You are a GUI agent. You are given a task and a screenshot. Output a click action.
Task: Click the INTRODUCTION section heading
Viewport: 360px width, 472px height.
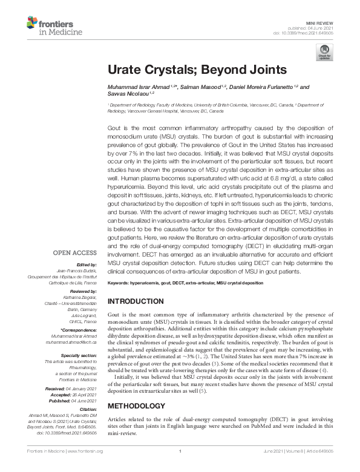click(137, 301)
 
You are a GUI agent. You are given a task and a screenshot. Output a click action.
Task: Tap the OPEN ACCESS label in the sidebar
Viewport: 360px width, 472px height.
click(75, 252)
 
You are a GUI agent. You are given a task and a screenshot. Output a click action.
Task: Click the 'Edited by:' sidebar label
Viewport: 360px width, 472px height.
click(87, 264)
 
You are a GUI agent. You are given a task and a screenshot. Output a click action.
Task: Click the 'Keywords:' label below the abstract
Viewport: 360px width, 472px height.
click(119, 283)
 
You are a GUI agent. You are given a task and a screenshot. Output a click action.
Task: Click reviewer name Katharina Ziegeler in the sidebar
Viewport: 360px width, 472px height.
click(82, 298)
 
